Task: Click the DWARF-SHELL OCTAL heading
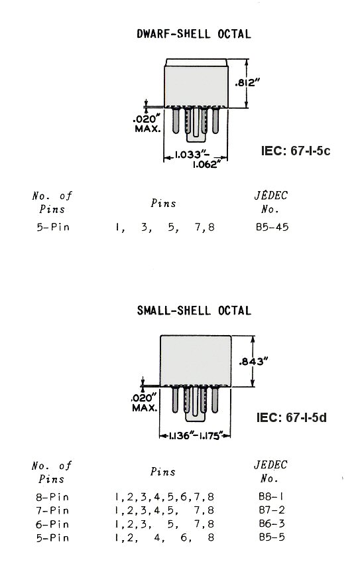pos(194,34)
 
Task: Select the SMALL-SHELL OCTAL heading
pos(194,311)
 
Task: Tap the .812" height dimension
pos(247,83)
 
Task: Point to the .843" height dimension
pos(254,361)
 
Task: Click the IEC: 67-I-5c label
pos(295,151)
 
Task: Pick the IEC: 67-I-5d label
pos(291,417)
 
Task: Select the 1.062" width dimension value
pos(205,165)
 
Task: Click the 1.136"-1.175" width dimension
pos(194,436)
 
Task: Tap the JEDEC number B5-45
pos(272,227)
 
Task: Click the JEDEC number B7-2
pos(272,510)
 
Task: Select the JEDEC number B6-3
pos(272,524)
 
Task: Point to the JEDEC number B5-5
pos(272,537)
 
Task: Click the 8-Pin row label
pos(52,497)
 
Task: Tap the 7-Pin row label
pos(52,510)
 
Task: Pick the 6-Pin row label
pos(52,524)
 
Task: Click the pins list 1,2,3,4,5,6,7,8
pos(164,497)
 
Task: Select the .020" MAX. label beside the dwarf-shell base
pos(147,123)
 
